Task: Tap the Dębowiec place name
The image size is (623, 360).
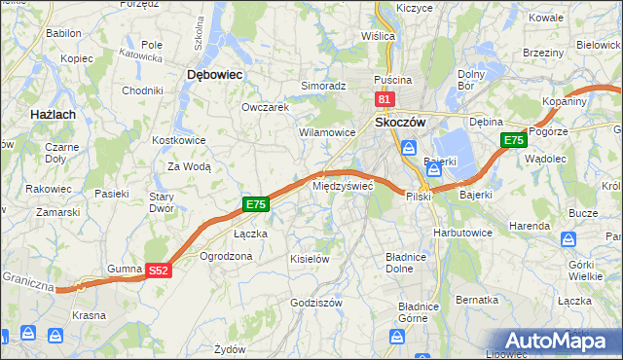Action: pos(214,74)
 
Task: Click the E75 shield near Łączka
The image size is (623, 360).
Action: pos(255,204)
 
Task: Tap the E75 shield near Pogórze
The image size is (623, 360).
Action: pos(514,141)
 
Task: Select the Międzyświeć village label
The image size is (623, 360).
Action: pos(342,186)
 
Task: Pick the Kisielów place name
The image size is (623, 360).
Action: pos(311,259)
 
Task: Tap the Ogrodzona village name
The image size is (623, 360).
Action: pos(226,256)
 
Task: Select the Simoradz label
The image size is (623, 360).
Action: pos(323,86)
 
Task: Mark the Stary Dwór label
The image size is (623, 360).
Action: pos(161,201)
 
